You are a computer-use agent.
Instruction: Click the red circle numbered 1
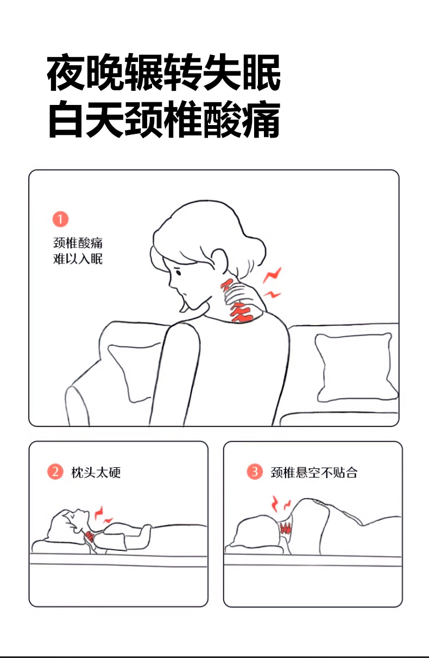(x=60, y=219)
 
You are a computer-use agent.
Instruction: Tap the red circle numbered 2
(x=55, y=472)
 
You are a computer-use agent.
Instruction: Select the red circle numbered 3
(x=254, y=472)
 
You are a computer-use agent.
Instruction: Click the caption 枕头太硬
(x=96, y=473)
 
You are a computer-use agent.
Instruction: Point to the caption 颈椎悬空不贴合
(x=314, y=473)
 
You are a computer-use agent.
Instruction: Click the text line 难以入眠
(x=78, y=259)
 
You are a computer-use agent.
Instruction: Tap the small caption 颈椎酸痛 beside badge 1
(x=78, y=243)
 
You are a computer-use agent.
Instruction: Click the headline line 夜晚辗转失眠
(x=164, y=72)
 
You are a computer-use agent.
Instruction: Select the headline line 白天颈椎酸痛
(x=164, y=119)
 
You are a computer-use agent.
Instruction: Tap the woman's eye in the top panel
(x=178, y=273)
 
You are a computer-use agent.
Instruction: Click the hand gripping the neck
(x=238, y=297)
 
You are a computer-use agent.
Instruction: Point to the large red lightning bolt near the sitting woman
(x=272, y=275)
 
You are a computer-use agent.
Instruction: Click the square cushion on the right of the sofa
(x=356, y=368)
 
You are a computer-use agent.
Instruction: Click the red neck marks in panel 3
(x=286, y=528)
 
